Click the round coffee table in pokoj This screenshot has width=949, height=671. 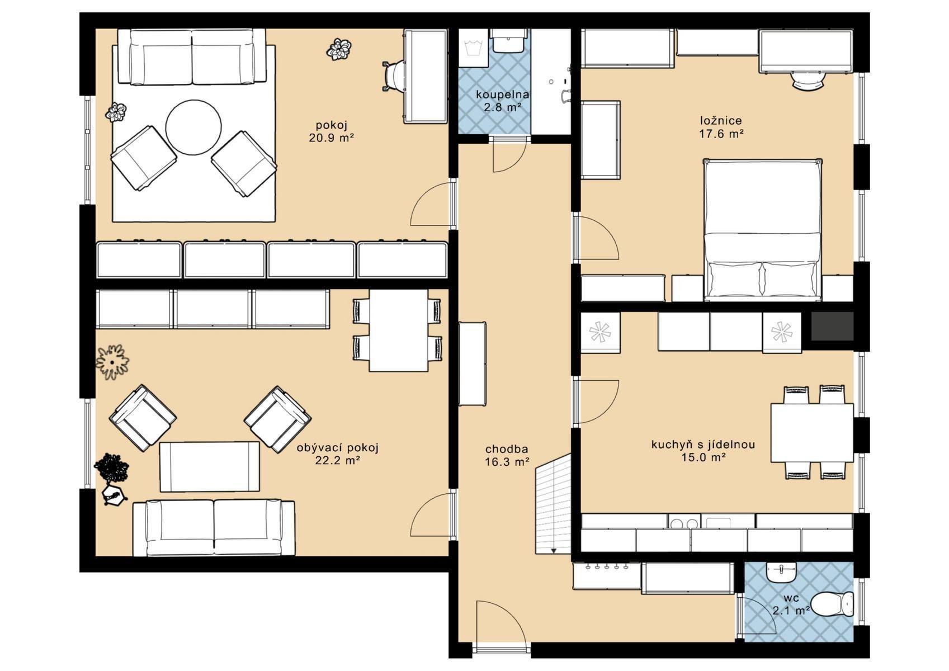(x=193, y=127)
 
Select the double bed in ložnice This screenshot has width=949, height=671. (x=763, y=230)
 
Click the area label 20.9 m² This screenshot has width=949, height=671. (x=331, y=138)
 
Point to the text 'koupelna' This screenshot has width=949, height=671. (x=503, y=94)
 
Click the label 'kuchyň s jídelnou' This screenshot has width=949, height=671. (x=704, y=445)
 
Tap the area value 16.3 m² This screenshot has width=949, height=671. (x=507, y=462)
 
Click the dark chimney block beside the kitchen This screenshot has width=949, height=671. (x=832, y=326)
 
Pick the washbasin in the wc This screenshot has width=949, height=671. (x=782, y=572)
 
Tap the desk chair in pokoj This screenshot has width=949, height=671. (x=393, y=76)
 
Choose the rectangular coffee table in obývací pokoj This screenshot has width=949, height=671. (x=210, y=467)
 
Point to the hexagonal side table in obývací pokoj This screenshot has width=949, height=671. (x=115, y=495)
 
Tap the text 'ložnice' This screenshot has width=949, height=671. (x=721, y=121)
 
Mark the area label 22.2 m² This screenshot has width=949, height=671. (x=338, y=460)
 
